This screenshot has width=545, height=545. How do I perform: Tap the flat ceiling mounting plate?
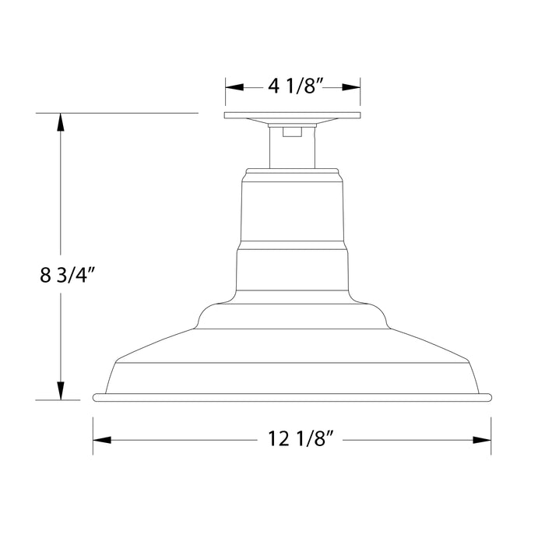pos(292,117)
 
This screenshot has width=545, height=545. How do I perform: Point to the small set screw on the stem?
pos(292,132)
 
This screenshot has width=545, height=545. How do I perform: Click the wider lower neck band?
pos(292,270)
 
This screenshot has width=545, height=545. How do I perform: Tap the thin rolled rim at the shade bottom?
pos(292,397)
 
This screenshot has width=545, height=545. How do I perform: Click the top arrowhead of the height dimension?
pos(59,121)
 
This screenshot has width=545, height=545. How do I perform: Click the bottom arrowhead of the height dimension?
pos(59,392)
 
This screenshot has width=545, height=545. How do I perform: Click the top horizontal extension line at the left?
pos(117,113)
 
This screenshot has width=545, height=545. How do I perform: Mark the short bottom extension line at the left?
pos(58,400)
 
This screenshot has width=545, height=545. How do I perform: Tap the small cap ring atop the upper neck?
pos(292,171)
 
